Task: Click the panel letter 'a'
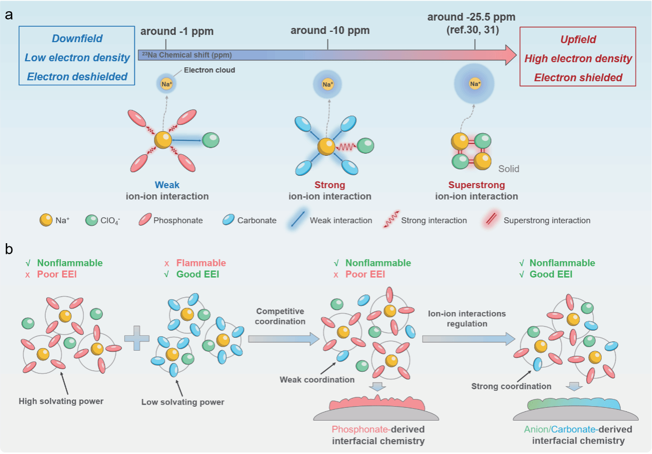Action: [9, 15]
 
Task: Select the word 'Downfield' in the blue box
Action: [77, 39]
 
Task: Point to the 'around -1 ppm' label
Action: [177, 31]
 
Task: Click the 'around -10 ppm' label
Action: [330, 30]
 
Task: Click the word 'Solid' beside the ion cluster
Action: [509, 169]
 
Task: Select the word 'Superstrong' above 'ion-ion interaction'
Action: [476, 185]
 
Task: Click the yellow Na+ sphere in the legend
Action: [46, 220]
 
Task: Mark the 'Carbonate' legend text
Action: [257, 221]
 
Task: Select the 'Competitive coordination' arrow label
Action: [280, 317]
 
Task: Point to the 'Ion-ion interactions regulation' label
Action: [467, 319]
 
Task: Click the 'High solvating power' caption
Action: [61, 401]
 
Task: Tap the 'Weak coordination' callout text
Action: [317, 379]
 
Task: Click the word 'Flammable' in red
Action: [201, 263]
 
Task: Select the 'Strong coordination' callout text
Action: [511, 386]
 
